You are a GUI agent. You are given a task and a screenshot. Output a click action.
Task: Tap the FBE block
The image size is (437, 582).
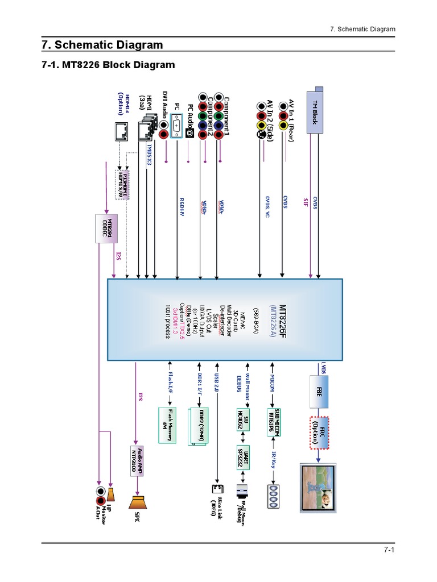pyautogui.click(x=319, y=391)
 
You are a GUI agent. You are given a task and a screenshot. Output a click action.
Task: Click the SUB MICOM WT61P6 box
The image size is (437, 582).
pyautogui.click(x=277, y=421)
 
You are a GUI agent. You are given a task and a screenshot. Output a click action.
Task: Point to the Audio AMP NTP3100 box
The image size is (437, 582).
pyautogui.click(x=136, y=457)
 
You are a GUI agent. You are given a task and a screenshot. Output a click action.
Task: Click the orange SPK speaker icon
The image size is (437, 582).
pyautogui.click(x=138, y=502)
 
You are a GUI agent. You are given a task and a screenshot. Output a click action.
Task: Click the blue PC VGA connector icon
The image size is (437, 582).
pyautogui.click(x=176, y=126)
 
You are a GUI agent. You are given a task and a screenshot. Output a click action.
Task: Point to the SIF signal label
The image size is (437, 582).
pyautogui.click(x=306, y=202)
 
